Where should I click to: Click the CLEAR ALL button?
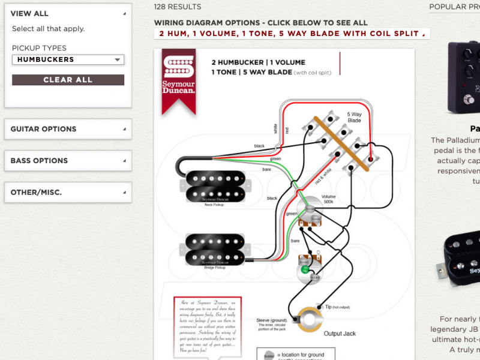click(x=68, y=80)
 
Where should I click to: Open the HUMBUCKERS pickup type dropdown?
click(x=68, y=59)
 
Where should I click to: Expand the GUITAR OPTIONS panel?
click(x=68, y=129)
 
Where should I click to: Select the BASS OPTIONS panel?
click(x=68, y=161)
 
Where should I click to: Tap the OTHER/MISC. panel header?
click(x=68, y=193)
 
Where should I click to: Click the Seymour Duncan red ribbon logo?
click(x=178, y=78)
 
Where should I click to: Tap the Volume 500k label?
click(x=328, y=199)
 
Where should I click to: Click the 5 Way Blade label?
click(x=354, y=117)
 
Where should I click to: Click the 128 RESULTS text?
click(x=178, y=7)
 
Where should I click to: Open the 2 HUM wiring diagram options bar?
click(x=292, y=34)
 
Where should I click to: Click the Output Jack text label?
click(x=340, y=334)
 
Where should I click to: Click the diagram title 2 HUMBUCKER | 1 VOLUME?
click(x=258, y=62)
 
